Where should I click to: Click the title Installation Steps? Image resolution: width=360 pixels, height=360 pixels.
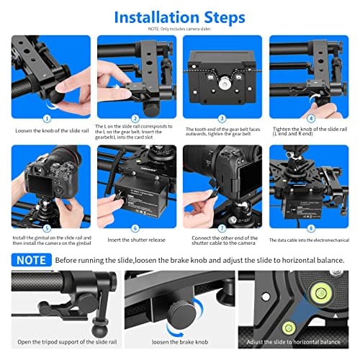click(x=180, y=16)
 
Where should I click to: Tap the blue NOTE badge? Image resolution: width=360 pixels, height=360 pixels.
click(x=30, y=259)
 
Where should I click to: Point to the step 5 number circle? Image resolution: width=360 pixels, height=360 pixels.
click(x=47, y=229)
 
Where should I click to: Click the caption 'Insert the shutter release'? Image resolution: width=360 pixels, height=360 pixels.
click(x=135, y=240)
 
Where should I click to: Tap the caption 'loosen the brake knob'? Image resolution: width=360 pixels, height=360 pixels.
click(x=179, y=341)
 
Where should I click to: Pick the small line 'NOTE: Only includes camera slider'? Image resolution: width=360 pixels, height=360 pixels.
click(x=180, y=30)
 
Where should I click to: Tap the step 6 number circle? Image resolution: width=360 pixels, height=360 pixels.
click(x=135, y=229)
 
